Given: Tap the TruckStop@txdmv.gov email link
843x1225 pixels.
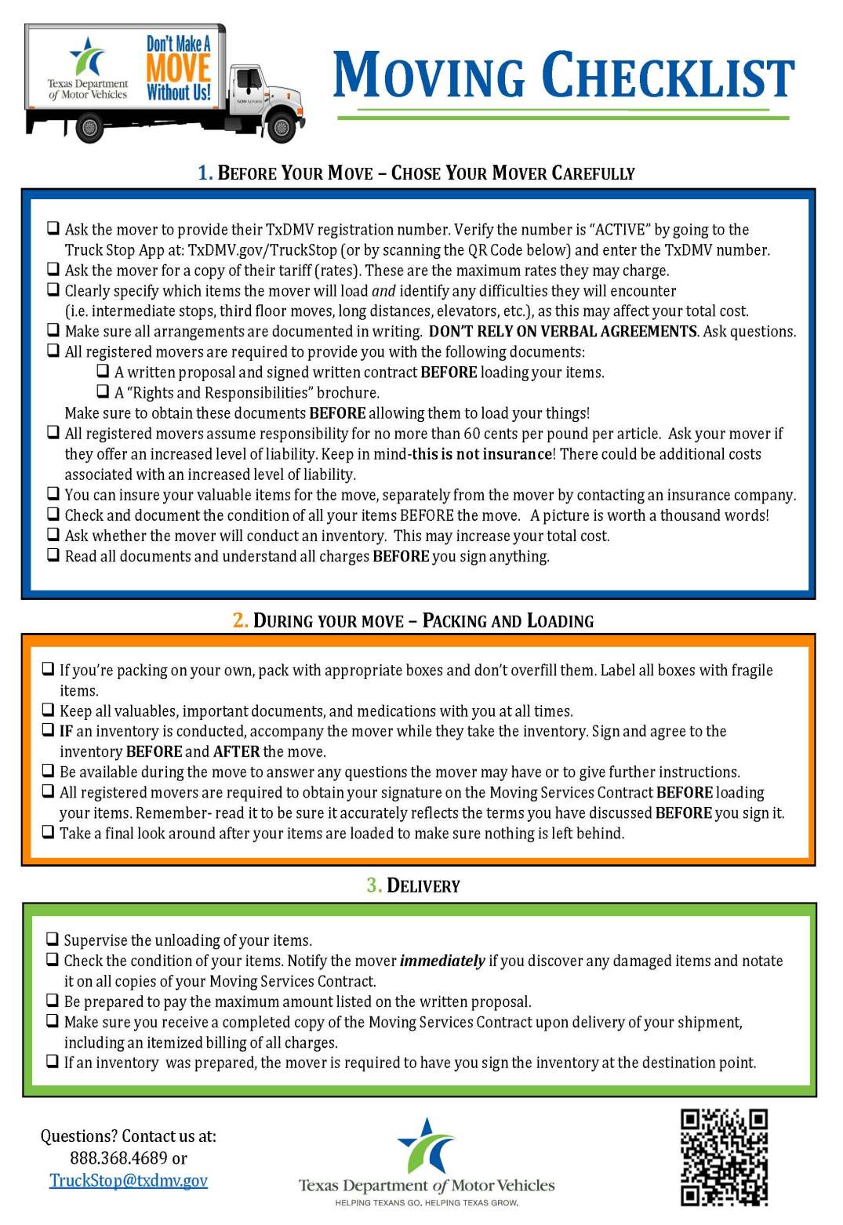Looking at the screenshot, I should (129, 1180).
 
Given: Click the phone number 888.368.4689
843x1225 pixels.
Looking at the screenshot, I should (118, 1158).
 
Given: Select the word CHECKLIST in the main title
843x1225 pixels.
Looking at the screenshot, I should (667, 76).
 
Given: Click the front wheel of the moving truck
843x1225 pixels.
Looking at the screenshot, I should (280, 126).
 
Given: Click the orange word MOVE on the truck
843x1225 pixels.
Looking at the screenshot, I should (178, 67).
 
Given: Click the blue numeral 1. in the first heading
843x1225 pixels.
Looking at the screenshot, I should (205, 173).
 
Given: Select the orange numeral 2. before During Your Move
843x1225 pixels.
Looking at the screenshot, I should (240, 620).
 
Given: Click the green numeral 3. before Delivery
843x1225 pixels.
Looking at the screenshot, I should (374, 885).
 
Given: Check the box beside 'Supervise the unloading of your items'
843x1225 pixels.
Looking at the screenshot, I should (53, 939).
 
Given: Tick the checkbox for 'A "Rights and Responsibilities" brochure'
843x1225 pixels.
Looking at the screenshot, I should (103, 391).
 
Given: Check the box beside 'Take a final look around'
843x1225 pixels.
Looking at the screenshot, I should (49, 831).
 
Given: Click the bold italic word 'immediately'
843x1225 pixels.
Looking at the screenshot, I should (441, 961).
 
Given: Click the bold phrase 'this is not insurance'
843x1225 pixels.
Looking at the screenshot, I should (481, 454).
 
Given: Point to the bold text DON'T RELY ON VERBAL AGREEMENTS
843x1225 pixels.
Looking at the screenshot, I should (562, 331).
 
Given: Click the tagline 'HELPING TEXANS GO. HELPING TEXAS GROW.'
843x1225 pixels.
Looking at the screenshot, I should (426, 1202).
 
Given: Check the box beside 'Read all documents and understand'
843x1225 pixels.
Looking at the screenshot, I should (53, 554).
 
